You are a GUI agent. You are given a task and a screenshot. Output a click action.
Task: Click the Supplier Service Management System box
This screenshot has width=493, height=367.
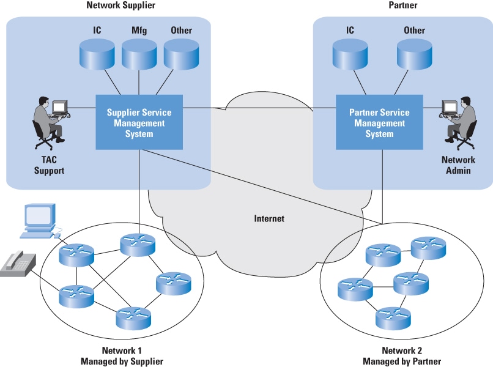pyautogui.click(x=139, y=122)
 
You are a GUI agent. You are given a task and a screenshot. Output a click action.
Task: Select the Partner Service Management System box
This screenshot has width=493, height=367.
pyautogui.click(x=379, y=122)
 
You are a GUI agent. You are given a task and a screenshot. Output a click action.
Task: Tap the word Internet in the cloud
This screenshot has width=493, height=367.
pyautogui.click(x=270, y=218)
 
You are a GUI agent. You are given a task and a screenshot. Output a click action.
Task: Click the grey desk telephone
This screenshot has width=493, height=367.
pyautogui.click(x=17, y=264)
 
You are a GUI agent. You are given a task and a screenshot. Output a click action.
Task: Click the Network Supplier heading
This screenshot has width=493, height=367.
pyautogui.click(x=122, y=6)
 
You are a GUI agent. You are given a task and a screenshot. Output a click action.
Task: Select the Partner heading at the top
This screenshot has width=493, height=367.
pyautogui.click(x=403, y=6)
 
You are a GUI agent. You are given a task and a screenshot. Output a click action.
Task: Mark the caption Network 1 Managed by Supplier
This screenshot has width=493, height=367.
pyautogui.click(x=122, y=356)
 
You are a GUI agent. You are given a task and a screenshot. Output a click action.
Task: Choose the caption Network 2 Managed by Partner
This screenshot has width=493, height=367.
pyautogui.click(x=402, y=356)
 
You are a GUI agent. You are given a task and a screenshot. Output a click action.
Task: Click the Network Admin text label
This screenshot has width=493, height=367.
pyautogui.click(x=459, y=165)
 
